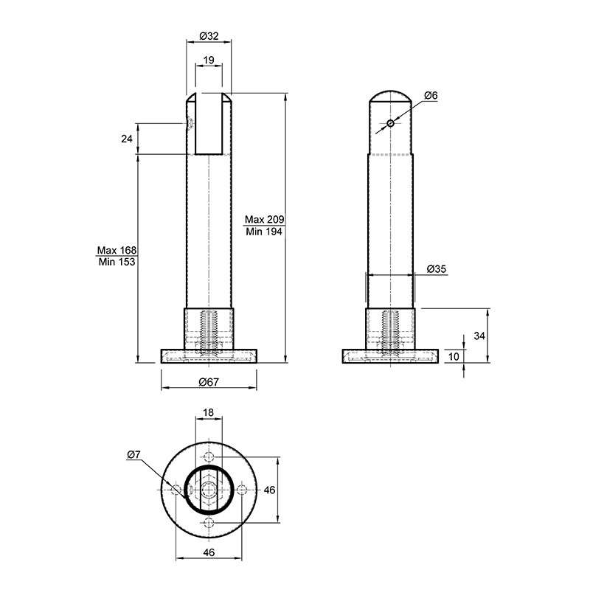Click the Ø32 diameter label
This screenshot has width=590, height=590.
209,36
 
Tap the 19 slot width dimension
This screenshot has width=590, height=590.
209,60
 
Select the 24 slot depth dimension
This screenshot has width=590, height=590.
127,139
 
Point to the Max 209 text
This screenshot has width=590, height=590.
265,219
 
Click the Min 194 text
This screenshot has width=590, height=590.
264,232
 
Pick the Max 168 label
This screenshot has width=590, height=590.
117,250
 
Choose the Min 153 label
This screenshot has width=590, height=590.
117,262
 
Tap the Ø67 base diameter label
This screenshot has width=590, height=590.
209,382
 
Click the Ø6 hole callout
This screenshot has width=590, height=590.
431,96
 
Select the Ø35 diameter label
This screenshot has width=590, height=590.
437,269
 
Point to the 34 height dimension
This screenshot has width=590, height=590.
479,336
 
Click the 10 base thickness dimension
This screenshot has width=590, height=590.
454,356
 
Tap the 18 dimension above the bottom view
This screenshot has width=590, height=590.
208,412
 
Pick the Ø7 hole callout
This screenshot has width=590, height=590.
133,455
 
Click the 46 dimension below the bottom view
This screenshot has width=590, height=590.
209,552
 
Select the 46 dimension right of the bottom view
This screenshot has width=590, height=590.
269,490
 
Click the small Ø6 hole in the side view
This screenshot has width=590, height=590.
391,123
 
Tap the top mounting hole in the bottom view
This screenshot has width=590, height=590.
209,457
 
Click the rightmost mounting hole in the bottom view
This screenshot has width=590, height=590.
242,490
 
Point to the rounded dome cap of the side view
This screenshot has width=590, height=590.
390,91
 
